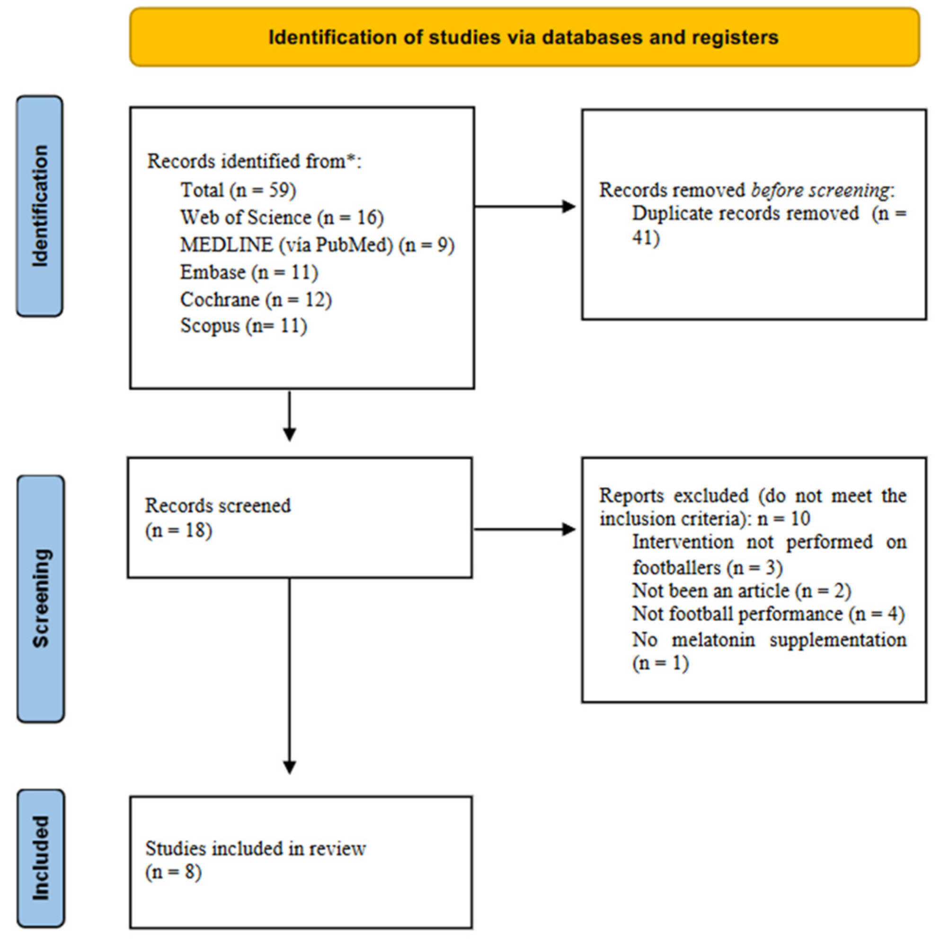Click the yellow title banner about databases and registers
click(x=524, y=37)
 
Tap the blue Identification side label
click(x=40, y=206)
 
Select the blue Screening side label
click(x=40, y=598)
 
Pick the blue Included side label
click(x=40, y=859)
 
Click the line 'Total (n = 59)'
click(x=238, y=190)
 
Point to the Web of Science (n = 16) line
click(x=282, y=217)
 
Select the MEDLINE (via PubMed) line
click(x=317, y=245)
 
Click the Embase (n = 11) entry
click(x=248, y=272)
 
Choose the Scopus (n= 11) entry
click(x=243, y=325)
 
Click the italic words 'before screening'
click(x=820, y=190)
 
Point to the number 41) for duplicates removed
click(x=646, y=237)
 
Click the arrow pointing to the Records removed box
click(x=525, y=207)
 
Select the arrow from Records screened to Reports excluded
click(x=524, y=529)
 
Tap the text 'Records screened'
click(x=218, y=506)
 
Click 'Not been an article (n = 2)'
click(x=741, y=591)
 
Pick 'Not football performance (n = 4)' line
click(x=768, y=614)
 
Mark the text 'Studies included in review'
click(x=255, y=849)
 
